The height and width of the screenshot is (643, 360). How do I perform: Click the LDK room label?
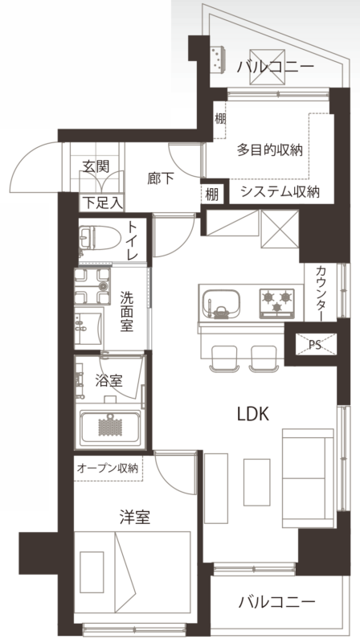[253, 414]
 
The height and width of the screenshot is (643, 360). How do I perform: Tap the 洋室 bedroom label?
[134, 518]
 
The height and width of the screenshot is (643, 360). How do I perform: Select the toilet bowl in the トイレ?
[99, 237]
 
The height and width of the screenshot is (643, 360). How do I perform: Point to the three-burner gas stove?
[276, 304]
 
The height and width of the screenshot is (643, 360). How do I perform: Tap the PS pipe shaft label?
[315, 345]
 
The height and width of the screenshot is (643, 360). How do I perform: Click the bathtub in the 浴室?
[110, 428]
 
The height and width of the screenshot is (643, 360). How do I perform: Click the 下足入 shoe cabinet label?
[103, 203]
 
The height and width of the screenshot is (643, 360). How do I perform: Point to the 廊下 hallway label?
[161, 178]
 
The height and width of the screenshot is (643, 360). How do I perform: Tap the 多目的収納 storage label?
[270, 150]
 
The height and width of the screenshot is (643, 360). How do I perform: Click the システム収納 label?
[280, 191]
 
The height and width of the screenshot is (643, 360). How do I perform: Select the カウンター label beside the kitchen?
[321, 293]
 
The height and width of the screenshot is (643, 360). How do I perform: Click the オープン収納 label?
[108, 468]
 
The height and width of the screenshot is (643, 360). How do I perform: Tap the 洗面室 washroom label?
[126, 311]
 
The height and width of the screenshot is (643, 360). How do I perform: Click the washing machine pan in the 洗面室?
[92, 286]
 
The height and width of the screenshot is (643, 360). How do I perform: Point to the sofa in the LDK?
[308, 478]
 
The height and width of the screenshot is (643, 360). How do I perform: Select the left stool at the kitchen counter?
[223, 358]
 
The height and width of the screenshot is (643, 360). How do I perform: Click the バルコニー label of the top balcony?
[275, 66]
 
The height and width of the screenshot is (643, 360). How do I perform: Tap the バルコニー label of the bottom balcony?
[276, 602]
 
